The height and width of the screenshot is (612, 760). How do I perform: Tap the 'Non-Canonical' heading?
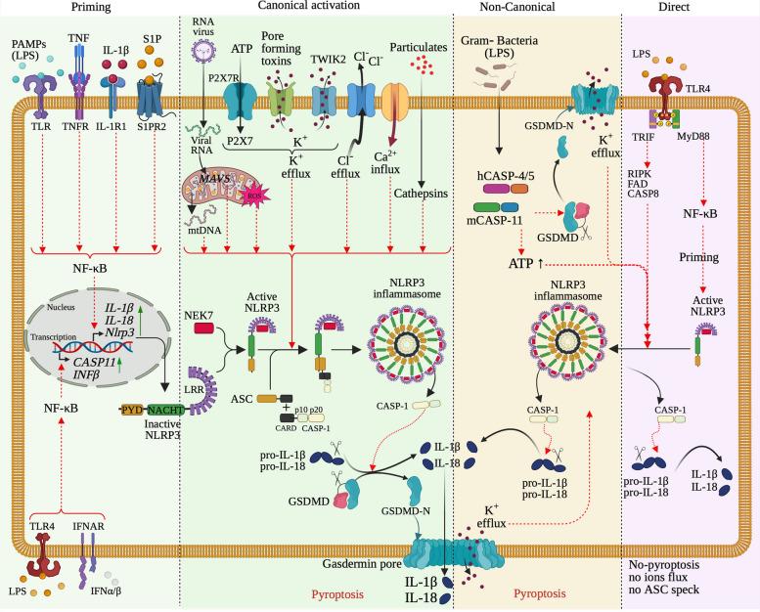click(517, 8)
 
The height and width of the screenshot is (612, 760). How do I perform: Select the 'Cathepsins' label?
click(422, 194)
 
